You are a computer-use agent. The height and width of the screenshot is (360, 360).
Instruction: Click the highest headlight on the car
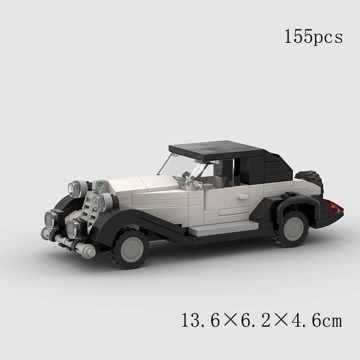coord(75,188)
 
